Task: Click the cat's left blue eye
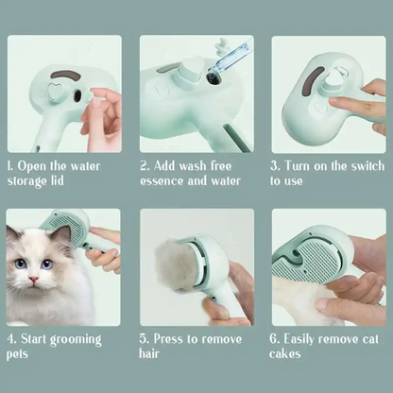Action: [x=47, y=265]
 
